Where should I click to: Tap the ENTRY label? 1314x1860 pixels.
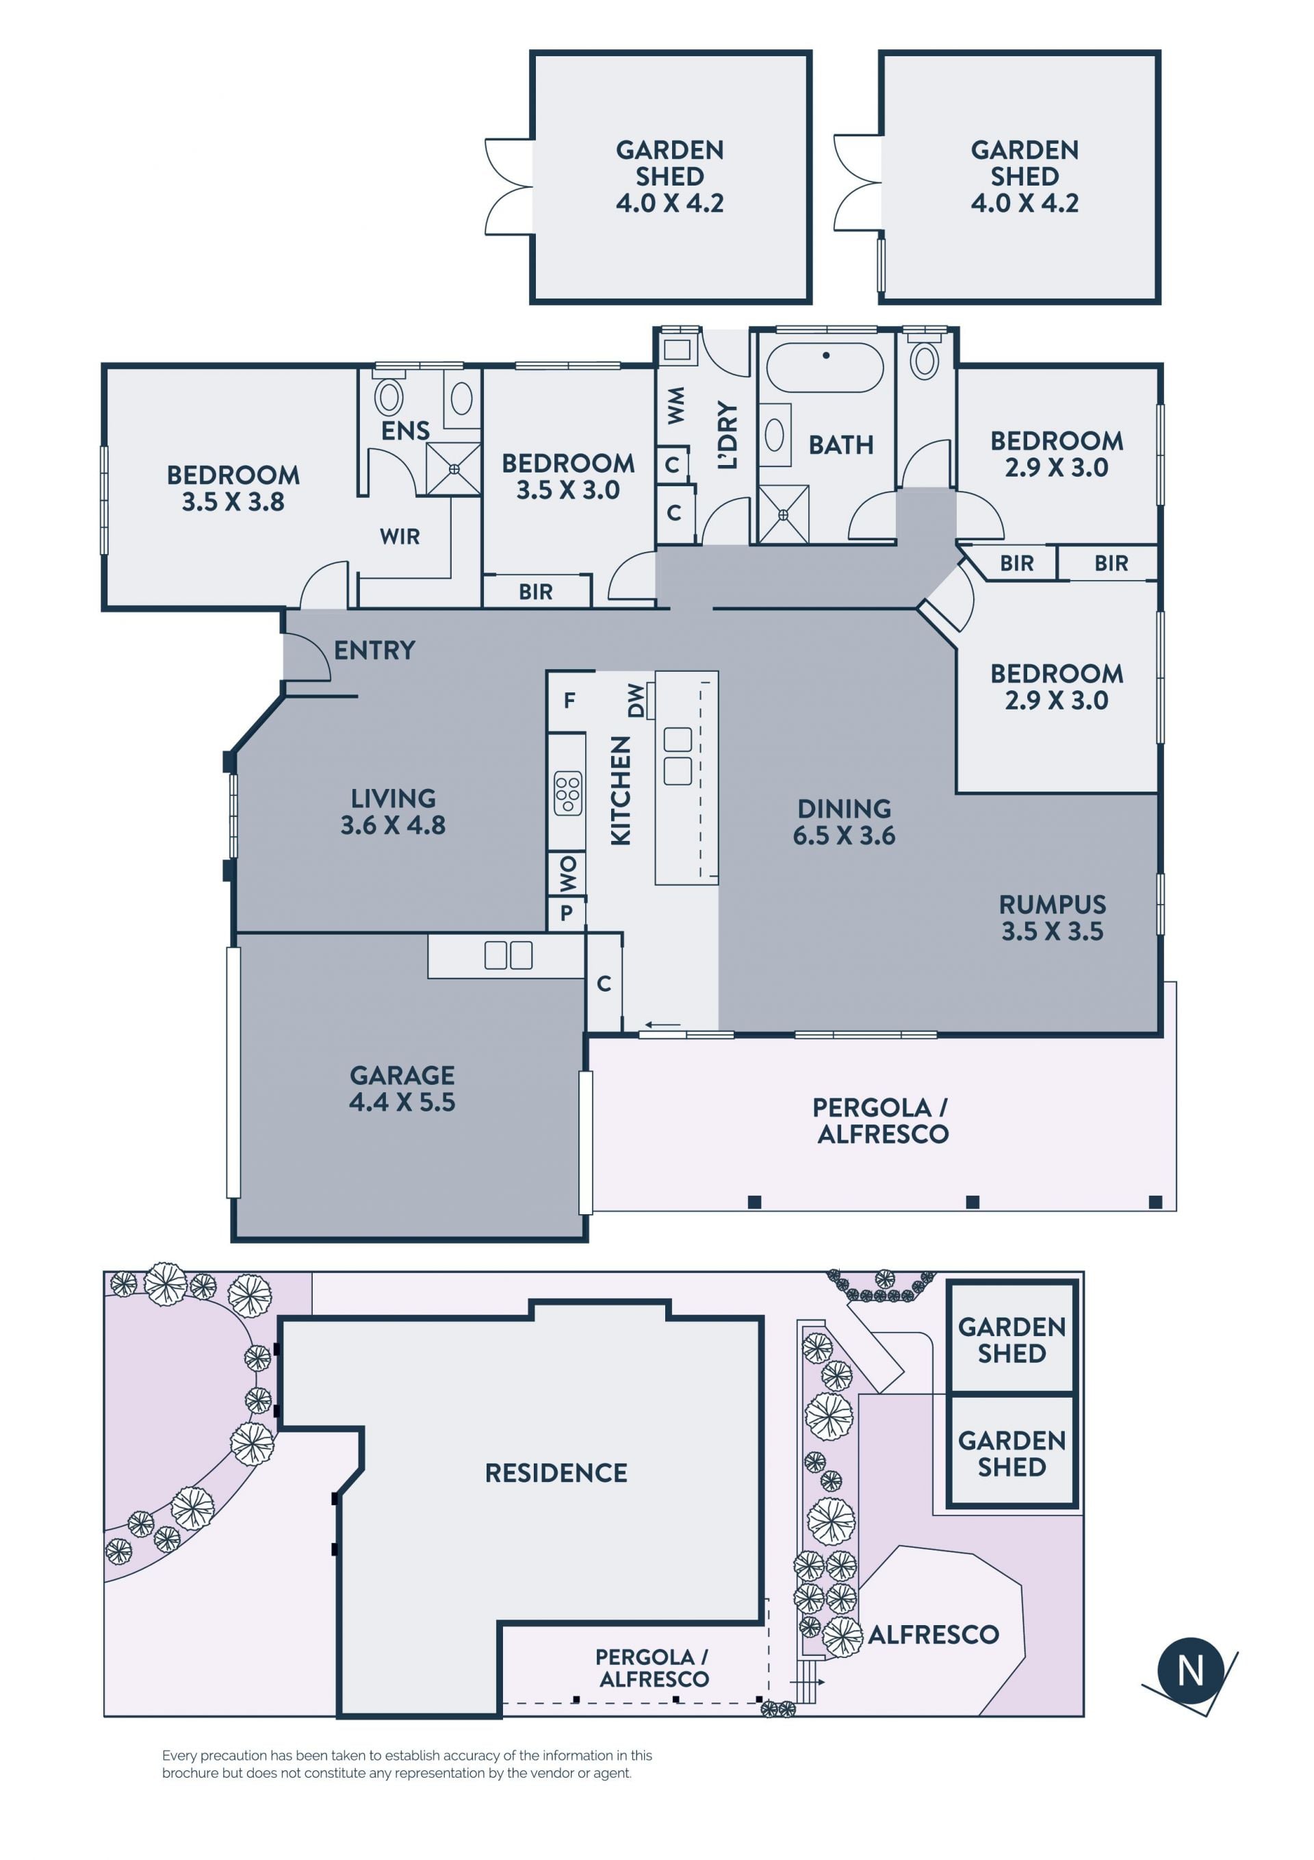(x=374, y=650)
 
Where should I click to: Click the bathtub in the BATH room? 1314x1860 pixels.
(x=825, y=368)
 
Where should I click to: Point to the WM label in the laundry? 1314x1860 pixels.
(x=676, y=405)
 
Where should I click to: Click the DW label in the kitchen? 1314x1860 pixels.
(x=636, y=700)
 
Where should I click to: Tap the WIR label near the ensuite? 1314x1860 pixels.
(x=400, y=536)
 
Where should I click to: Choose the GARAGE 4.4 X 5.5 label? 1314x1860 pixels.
(x=402, y=1088)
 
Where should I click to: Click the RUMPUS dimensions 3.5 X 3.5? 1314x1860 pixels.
(x=1053, y=931)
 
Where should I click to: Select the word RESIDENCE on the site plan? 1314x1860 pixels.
(x=556, y=1473)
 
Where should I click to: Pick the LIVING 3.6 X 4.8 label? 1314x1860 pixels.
(x=393, y=812)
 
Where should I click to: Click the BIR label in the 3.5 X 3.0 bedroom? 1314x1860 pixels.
(x=536, y=592)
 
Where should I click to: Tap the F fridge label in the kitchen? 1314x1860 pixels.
(x=569, y=701)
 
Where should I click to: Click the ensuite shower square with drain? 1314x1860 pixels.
(x=453, y=469)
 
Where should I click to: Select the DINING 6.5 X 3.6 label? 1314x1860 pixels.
(x=844, y=822)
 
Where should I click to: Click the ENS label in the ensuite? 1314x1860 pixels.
(x=406, y=431)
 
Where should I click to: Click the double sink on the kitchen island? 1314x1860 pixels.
(x=678, y=756)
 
